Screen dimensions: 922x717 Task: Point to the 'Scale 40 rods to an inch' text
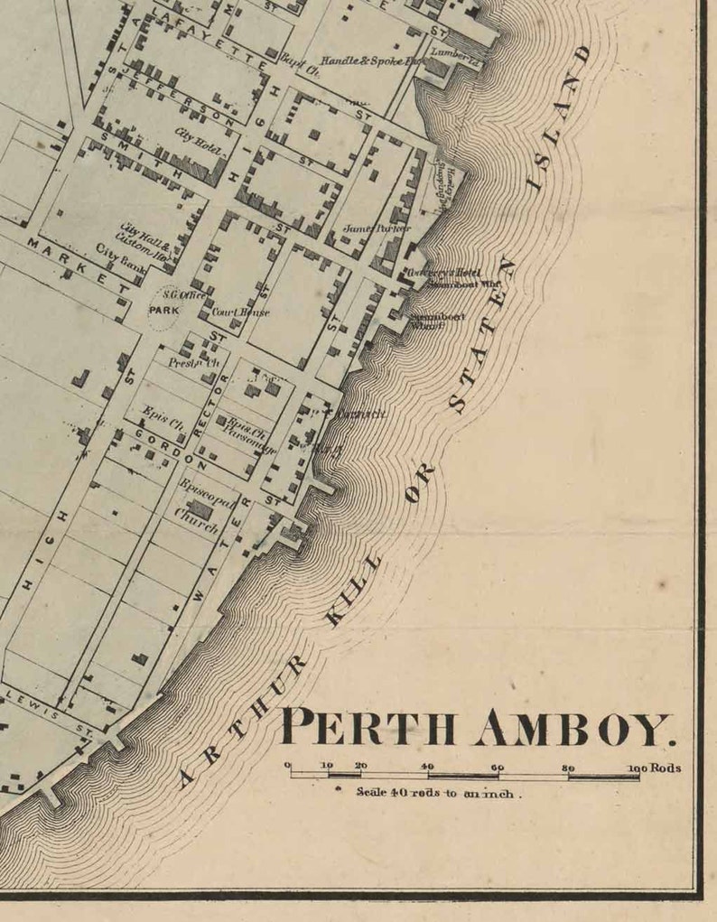coord(439,792)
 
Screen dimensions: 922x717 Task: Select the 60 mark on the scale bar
coord(497,767)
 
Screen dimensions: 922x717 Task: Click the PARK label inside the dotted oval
coord(164,310)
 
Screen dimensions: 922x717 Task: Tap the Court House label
coord(240,312)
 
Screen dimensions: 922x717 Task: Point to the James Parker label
coord(364,228)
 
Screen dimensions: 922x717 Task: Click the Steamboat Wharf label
coord(426,321)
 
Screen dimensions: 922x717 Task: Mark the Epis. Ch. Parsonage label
coord(246,428)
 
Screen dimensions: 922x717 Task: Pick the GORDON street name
coord(171,450)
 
